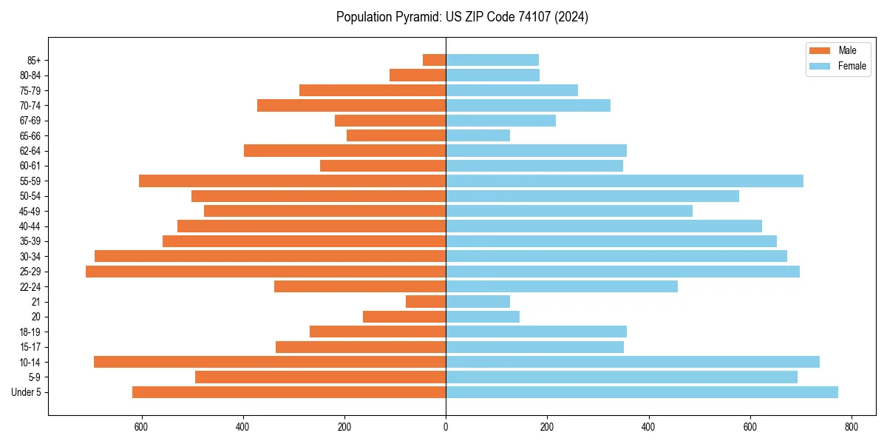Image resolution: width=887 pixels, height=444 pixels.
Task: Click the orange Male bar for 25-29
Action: pyautogui.click(x=266, y=272)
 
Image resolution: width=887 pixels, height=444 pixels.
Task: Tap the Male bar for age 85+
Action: pyautogui.click(x=434, y=60)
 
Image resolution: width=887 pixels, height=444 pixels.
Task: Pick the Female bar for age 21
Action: pyautogui.click(x=478, y=302)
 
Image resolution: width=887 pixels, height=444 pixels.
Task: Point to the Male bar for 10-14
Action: pyautogui.click(x=270, y=362)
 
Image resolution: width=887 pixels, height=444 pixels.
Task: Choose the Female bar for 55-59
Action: pyautogui.click(x=625, y=181)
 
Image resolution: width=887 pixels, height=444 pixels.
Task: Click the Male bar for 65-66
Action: pyautogui.click(x=396, y=135)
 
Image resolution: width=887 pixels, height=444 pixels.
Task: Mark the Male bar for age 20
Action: pyautogui.click(x=404, y=317)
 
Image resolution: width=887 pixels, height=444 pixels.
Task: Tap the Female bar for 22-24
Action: pyautogui.click(x=562, y=286)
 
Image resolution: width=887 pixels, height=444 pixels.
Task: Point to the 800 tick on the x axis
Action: pyautogui.click(x=852, y=427)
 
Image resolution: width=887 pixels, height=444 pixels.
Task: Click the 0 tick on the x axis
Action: pyautogui.click(x=446, y=427)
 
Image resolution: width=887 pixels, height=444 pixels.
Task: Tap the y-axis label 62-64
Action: pyautogui.click(x=31, y=151)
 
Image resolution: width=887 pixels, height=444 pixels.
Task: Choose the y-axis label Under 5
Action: pyautogui.click(x=27, y=392)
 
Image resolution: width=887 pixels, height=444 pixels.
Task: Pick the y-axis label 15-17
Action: pyautogui.click(x=31, y=347)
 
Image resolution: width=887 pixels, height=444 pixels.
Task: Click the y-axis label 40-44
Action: pyautogui.click(x=31, y=226)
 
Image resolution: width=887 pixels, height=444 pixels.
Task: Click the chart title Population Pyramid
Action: pyautogui.click(x=462, y=17)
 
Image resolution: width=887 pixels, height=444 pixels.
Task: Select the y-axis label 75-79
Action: pyautogui.click(x=31, y=90)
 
